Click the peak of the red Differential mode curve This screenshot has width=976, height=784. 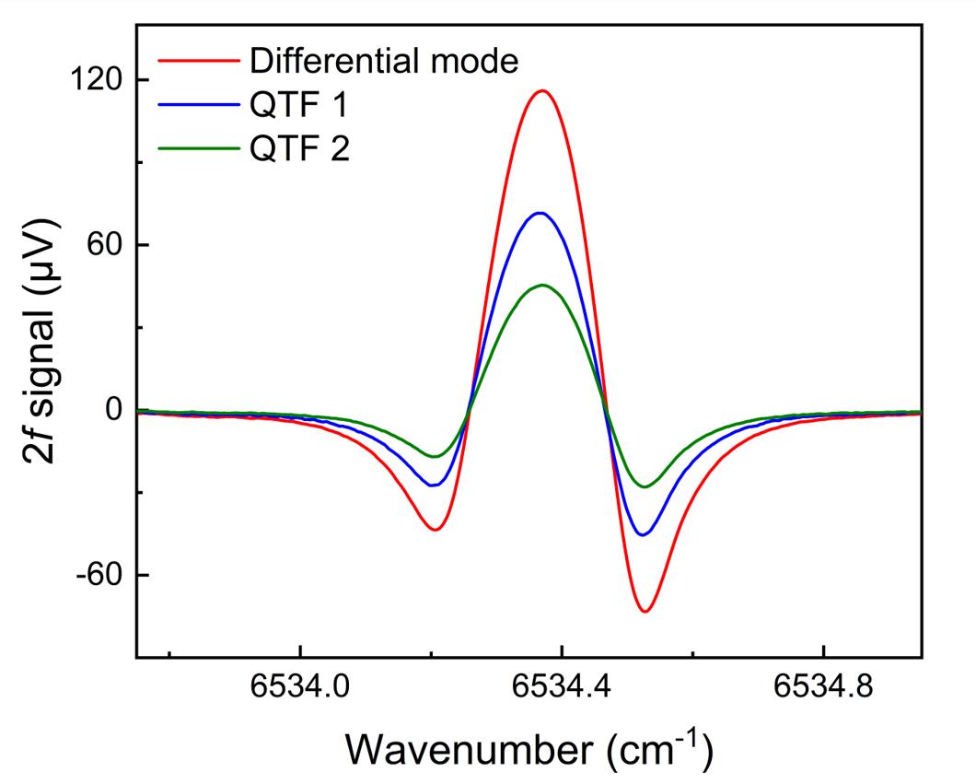[543, 90]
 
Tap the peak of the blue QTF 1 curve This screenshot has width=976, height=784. [540, 213]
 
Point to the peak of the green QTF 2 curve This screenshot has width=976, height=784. [542, 285]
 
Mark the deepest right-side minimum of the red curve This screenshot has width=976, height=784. [645, 612]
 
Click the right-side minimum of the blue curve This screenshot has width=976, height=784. [645, 534]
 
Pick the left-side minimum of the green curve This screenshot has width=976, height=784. [433, 457]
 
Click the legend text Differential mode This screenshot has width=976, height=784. [384, 61]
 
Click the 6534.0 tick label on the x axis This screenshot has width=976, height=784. [300, 689]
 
